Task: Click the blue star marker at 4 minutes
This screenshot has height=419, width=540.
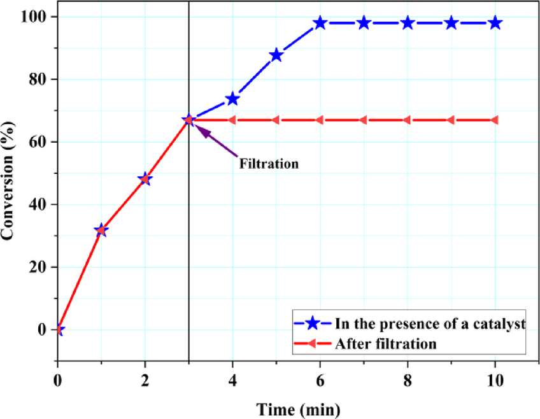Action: click(232, 99)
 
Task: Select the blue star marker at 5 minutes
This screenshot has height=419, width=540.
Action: click(276, 55)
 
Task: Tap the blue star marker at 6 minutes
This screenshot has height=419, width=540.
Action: click(320, 23)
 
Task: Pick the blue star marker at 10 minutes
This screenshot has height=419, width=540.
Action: click(494, 23)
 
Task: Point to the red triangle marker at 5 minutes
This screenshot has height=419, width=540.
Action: click(276, 120)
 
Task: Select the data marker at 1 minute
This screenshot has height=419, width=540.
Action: click(101, 231)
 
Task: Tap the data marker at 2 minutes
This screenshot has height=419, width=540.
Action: click(145, 179)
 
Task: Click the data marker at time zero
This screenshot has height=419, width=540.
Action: click(59, 329)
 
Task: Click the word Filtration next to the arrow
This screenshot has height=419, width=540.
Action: click(269, 164)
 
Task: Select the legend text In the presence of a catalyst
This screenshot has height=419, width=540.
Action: click(430, 323)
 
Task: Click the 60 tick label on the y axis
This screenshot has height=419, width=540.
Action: click(39, 141)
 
